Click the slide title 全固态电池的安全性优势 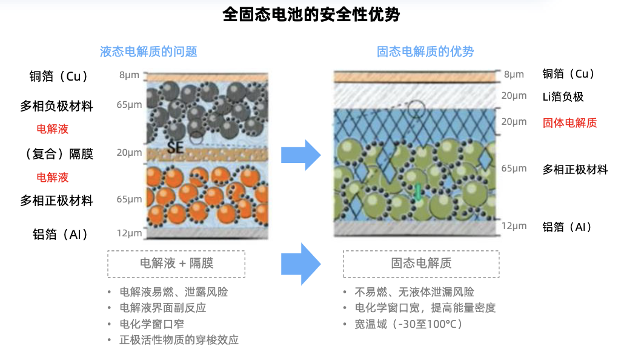(x=311, y=15)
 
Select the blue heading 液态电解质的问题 (x=148, y=52)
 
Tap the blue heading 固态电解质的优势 (x=425, y=52)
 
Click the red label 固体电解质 (x=569, y=122)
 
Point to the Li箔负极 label (x=563, y=97)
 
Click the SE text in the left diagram (x=175, y=148)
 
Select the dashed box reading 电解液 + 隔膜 (x=176, y=264)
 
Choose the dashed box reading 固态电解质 (x=421, y=264)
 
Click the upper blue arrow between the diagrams (x=301, y=155)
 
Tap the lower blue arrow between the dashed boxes (x=301, y=264)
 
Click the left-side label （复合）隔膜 (x=59, y=154)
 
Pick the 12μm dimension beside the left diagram (x=129, y=233)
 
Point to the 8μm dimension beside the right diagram (x=514, y=75)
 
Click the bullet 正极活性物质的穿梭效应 (x=179, y=339)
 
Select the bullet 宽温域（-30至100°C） (x=409, y=324)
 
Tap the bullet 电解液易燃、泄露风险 (x=173, y=292)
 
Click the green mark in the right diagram (x=418, y=192)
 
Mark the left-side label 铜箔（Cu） (x=59, y=76)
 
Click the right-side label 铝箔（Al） (x=567, y=227)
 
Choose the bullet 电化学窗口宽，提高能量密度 (x=425, y=308)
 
